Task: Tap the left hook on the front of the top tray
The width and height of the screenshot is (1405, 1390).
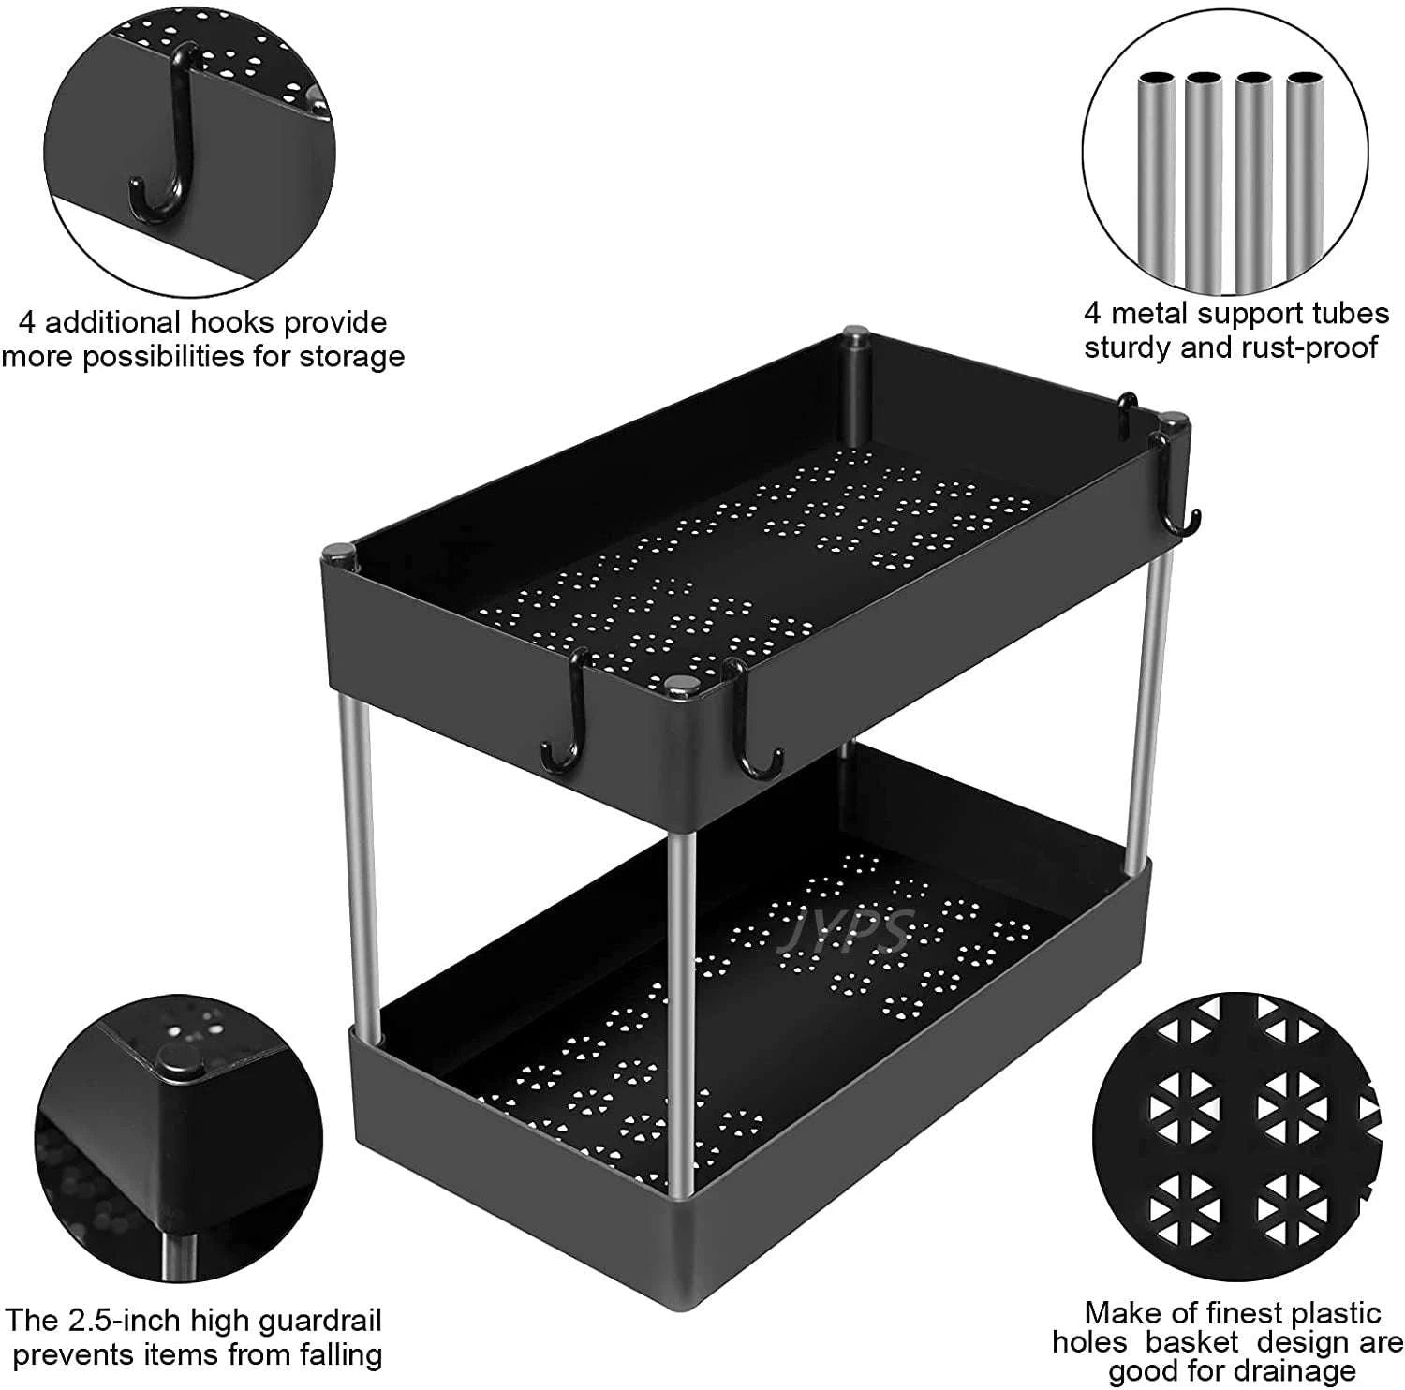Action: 567,721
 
